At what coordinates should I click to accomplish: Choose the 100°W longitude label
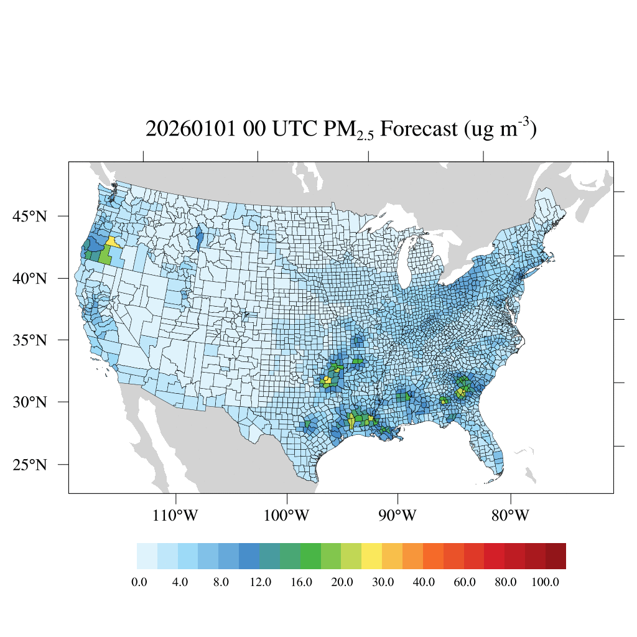(x=287, y=516)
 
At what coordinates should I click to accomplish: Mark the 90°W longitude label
(x=398, y=516)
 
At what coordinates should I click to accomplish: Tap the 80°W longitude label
(x=510, y=516)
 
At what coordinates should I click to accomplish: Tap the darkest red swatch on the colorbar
(x=556, y=556)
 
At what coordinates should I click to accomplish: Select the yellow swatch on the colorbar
(x=372, y=556)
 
